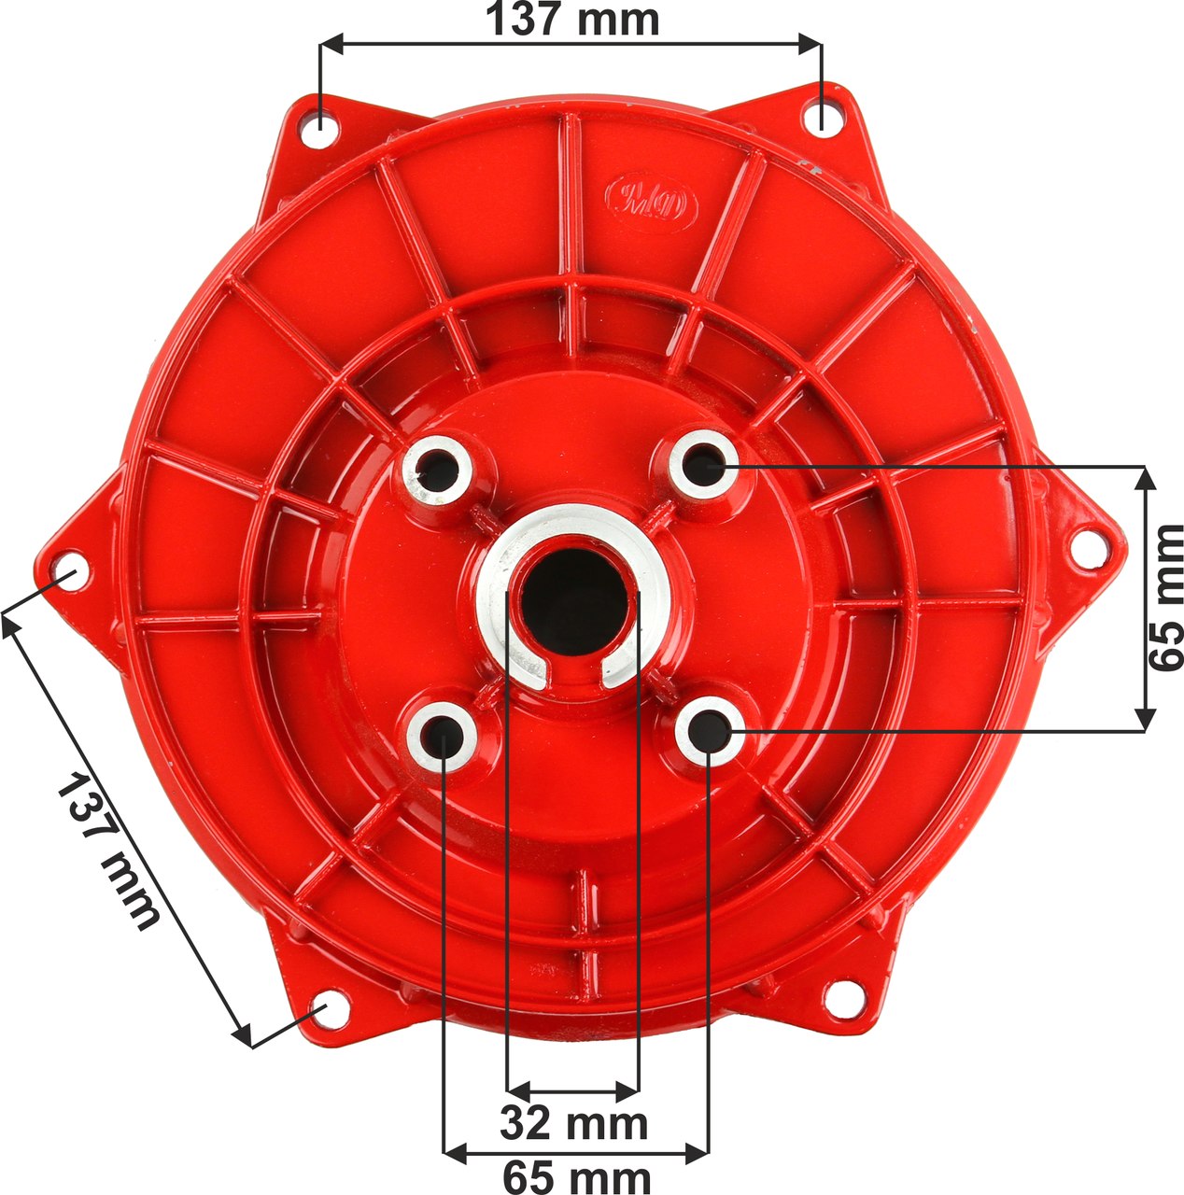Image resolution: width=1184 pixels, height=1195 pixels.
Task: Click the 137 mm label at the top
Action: point(571,19)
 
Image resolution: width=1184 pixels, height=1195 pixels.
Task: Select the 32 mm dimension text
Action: point(573,1123)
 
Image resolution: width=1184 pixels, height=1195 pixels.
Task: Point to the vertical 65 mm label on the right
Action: point(1165,597)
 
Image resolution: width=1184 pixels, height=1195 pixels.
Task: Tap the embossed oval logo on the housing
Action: point(652,199)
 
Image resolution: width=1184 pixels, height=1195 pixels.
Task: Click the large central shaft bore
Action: point(571,601)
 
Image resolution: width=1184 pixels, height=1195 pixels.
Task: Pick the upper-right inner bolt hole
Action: point(705,463)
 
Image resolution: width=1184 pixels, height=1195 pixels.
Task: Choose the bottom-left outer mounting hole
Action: point(327,1013)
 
